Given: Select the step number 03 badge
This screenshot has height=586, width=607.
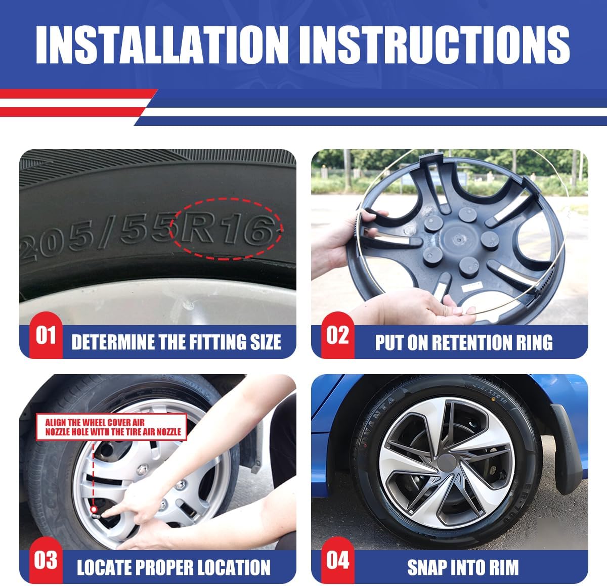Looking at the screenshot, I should [x=46, y=560].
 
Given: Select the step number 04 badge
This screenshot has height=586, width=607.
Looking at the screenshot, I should [x=337, y=560].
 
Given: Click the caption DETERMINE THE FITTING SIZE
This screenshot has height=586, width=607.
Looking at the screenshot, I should [x=176, y=342].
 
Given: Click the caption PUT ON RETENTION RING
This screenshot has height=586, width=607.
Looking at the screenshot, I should [x=463, y=342].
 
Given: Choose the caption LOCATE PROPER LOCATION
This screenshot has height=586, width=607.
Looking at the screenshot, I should [x=174, y=567].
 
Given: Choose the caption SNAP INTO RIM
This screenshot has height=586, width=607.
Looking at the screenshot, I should [x=463, y=567].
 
